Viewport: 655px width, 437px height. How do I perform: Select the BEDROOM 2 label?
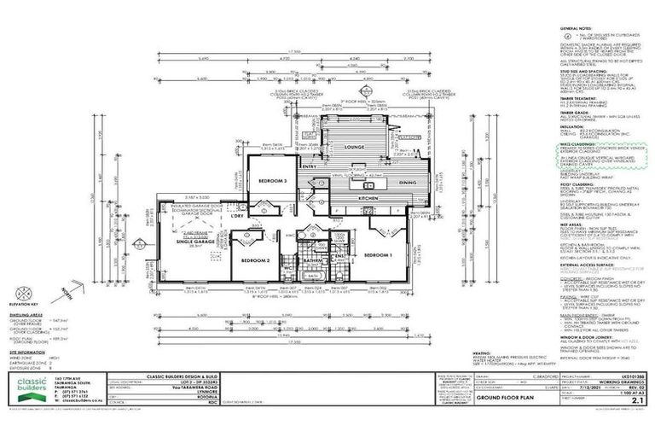pyautogui.click(x=256, y=259)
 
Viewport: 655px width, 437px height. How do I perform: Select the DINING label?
pyautogui.click(x=407, y=182)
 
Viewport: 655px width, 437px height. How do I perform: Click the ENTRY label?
pyautogui.click(x=309, y=167)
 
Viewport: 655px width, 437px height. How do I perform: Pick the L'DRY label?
pyautogui.click(x=238, y=216)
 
